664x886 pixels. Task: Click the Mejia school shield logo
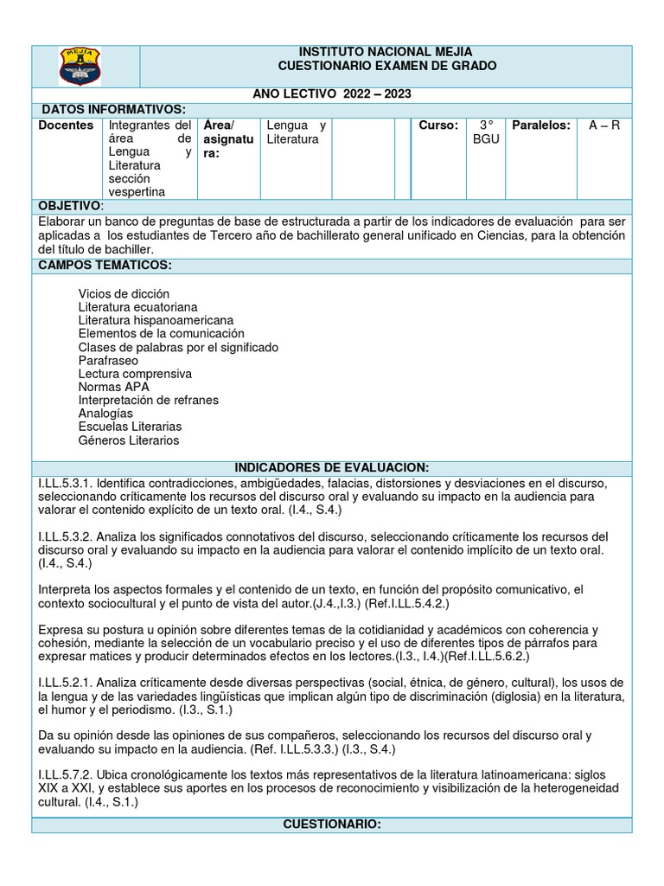coord(86,67)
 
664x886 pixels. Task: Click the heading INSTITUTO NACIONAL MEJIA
coord(386,52)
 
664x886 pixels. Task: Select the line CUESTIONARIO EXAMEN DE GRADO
coord(386,67)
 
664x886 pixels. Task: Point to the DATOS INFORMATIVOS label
coord(113,109)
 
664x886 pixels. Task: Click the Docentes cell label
coord(67,125)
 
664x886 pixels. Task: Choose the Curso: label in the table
coord(438,125)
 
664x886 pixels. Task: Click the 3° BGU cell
coord(486,132)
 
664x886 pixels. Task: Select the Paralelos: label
coord(541,125)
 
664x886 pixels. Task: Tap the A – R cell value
coord(604,125)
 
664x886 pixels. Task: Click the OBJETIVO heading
coord(70,206)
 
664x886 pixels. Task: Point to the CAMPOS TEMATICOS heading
coord(105,264)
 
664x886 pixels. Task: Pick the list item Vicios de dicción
coord(124,294)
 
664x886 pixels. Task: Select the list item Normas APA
coord(113,387)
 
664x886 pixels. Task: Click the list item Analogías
coord(105,414)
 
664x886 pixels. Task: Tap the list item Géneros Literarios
coord(128,440)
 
